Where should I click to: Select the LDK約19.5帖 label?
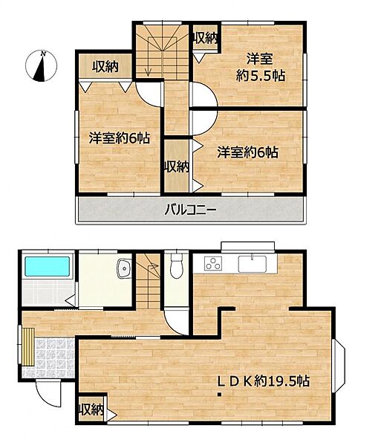coord(263,381)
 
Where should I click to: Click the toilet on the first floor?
coord(176,266)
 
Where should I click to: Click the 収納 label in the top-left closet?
coord(105,67)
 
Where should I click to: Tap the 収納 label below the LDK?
coord(91,410)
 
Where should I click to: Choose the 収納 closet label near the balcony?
coord(176,167)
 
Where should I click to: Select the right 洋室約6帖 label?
coord(247,152)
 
